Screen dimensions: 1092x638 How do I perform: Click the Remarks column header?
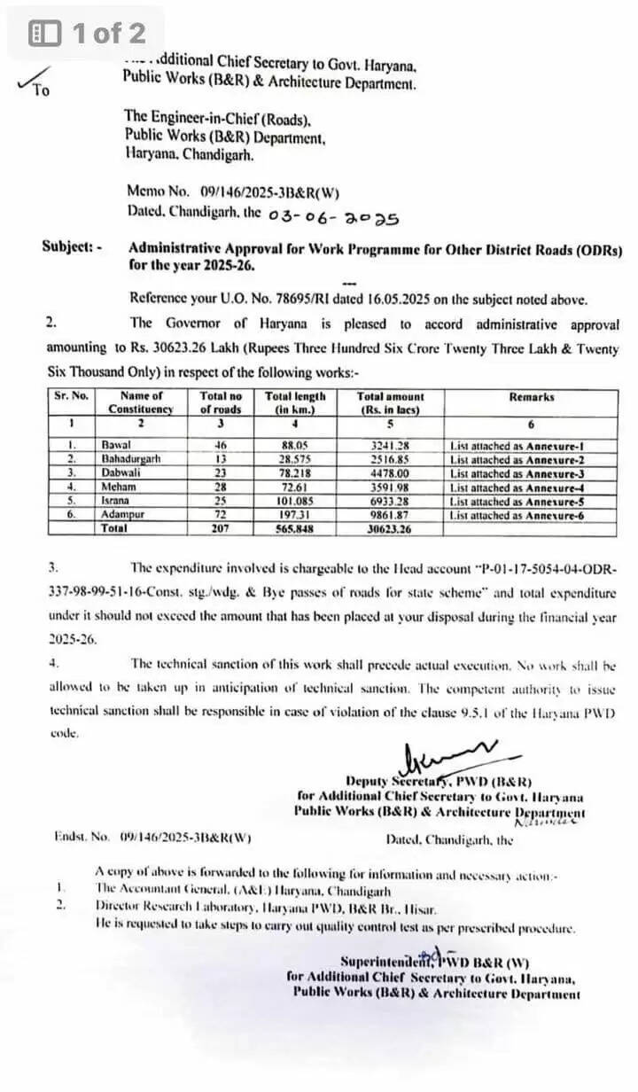click(532, 397)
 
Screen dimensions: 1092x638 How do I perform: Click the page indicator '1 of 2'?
click(88, 34)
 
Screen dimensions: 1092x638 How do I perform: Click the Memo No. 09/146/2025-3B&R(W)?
click(233, 191)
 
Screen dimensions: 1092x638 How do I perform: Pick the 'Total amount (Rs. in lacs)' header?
click(390, 403)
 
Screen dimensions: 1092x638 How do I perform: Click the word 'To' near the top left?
click(41, 90)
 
